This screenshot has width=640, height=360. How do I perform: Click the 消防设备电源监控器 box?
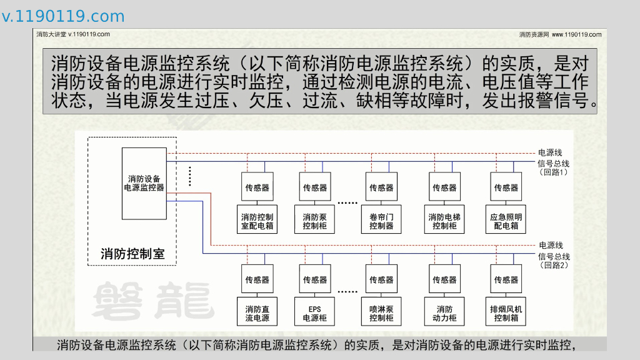144,183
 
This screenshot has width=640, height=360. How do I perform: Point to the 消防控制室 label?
132,254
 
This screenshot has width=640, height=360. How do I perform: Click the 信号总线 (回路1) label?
553,167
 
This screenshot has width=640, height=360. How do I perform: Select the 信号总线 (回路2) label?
554,261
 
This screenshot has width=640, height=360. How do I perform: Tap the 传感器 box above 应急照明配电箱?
506,187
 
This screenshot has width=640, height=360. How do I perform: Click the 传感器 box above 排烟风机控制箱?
506,280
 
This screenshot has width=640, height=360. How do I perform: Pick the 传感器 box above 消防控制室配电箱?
257,187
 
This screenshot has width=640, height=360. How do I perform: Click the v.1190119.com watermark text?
63,16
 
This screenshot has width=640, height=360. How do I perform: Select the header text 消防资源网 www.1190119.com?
560,34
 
